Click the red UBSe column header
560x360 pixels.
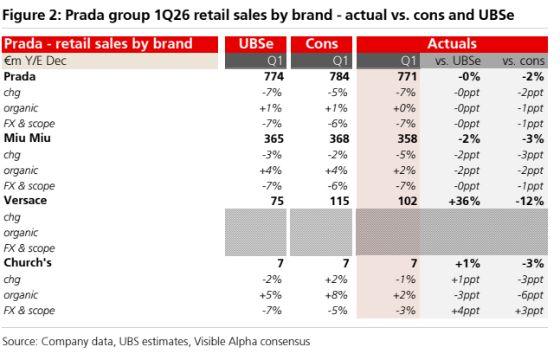point(255,44)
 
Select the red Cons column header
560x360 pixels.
point(321,44)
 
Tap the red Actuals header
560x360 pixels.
point(452,44)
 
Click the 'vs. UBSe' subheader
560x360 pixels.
point(458,61)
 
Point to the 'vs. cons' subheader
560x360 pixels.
point(523,61)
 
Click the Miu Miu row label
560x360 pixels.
point(27,138)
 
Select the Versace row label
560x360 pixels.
point(25,201)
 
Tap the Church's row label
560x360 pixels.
point(28,262)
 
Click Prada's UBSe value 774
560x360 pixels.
point(274,76)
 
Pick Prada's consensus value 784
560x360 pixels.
point(339,76)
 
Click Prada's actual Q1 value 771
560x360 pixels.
point(407,76)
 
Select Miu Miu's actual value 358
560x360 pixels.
point(407,138)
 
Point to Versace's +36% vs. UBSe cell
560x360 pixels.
point(464,201)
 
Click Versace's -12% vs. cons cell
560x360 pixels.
point(530,201)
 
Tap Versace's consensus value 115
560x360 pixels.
point(339,201)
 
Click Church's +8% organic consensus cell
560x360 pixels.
point(336,295)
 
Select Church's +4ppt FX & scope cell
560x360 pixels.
point(465,311)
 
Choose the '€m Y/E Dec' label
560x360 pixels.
point(35,61)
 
